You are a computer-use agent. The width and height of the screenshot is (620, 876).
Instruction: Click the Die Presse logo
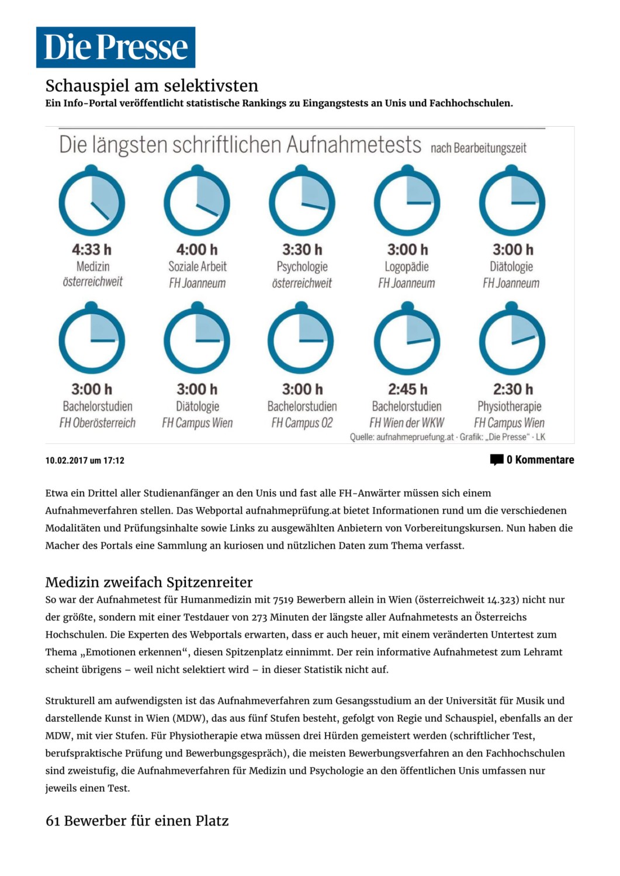(116, 47)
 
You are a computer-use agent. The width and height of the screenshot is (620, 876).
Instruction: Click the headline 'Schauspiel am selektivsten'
(152, 86)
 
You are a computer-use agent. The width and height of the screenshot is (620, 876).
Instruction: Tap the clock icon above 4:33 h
(92, 202)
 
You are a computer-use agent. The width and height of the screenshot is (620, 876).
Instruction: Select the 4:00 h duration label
(197, 250)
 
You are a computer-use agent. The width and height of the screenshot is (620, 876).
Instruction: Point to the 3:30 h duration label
(302, 250)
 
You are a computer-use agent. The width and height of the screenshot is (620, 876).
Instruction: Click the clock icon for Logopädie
(407, 202)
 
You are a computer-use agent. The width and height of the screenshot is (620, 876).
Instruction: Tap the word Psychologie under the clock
(302, 267)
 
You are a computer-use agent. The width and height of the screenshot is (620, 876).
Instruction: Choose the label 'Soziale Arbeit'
(198, 267)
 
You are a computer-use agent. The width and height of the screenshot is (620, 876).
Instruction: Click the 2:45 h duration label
(407, 390)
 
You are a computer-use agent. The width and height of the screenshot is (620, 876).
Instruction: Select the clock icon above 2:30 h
(512, 340)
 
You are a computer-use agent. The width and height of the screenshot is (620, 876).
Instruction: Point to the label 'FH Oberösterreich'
(98, 423)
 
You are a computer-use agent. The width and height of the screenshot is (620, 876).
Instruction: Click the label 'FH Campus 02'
(302, 423)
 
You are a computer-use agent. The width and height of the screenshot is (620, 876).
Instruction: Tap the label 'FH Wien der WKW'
(407, 423)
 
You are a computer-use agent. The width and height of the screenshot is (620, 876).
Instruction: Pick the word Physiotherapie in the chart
(510, 406)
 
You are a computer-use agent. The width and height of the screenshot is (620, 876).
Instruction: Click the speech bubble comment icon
(497, 460)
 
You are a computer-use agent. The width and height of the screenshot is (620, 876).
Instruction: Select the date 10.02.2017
(66, 461)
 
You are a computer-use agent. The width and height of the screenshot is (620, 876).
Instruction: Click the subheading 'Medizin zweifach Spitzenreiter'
(149, 582)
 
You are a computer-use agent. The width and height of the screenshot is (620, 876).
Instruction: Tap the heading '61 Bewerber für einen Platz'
(137, 821)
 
